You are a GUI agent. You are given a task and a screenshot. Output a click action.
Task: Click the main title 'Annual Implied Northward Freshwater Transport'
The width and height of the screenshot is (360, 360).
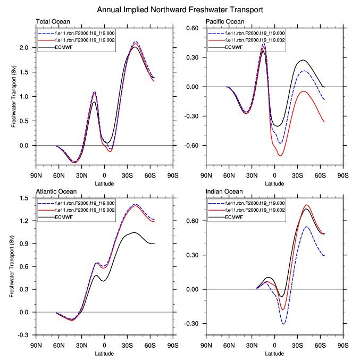tap(180, 10)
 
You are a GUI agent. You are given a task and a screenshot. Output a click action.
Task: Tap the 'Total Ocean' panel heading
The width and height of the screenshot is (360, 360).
tap(53, 22)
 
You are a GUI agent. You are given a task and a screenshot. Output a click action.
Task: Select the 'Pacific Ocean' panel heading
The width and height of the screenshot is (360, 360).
tap(225, 22)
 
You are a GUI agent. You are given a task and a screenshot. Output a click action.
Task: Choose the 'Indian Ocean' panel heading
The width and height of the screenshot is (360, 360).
tap(224, 191)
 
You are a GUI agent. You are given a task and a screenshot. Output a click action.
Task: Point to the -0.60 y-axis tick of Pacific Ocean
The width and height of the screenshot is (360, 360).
tap(191, 145)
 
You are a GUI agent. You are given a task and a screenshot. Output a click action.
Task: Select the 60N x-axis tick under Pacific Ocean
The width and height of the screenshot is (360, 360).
tap(228, 175)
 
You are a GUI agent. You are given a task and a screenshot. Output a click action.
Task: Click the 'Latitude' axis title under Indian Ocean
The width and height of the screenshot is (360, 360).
tap(275, 353)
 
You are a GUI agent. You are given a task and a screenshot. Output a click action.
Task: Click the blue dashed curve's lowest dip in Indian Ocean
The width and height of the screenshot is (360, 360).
tap(283, 324)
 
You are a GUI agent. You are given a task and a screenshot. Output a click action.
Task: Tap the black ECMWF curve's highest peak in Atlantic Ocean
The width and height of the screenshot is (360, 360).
tap(134, 232)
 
